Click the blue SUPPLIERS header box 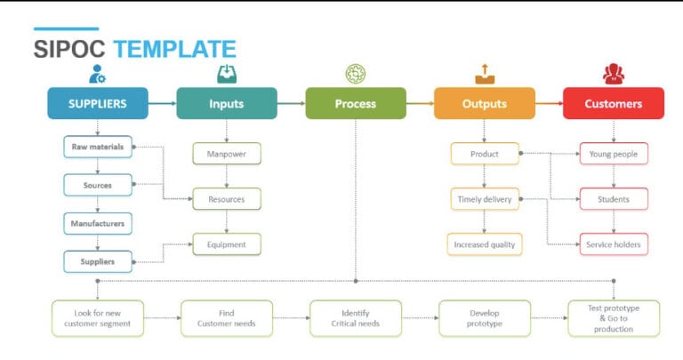click(98, 103)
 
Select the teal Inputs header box click(227, 103)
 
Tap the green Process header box click(356, 103)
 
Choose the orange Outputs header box click(485, 103)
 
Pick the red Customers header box click(613, 103)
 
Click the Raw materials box click(98, 147)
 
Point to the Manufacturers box click(98, 223)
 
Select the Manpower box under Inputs click(227, 154)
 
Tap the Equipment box click(227, 244)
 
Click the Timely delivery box click(485, 199)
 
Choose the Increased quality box click(485, 244)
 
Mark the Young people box click(613, 154)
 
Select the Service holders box click(613, 244)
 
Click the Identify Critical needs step click(356, 317)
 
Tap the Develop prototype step click(485, 317)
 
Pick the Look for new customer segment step click(97, 317)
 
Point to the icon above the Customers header click(613, 73)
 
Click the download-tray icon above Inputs click(227, 73)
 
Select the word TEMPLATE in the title click(174, 50)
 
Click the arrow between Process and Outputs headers click(420, 103)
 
